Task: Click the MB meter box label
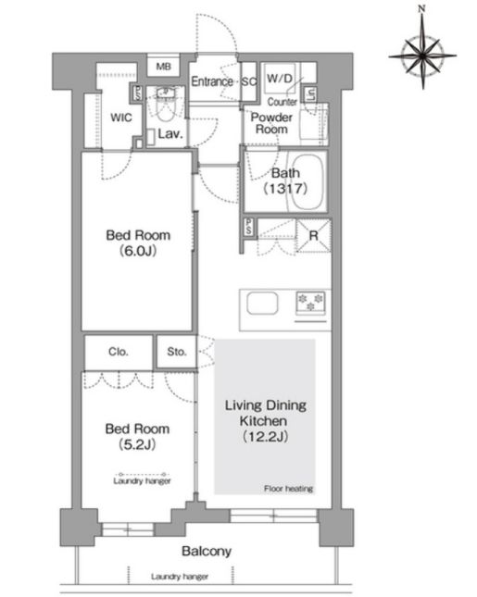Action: (163, 67)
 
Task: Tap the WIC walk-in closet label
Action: (121, 118)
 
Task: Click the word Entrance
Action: (212, 81)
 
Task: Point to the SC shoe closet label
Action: (249, 81)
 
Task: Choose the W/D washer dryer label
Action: (280, 79)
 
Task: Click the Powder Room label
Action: (271, 123)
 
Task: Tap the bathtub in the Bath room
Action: (305, 181)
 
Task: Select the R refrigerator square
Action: (314, 236)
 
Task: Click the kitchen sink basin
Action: (262, 304)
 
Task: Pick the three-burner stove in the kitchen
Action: (311, 304)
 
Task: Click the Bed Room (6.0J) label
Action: (138, 243)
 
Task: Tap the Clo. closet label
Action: (119, 352)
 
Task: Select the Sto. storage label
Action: (177, 352)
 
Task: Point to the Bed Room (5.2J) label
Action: (137, 436)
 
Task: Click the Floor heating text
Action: (288, 489)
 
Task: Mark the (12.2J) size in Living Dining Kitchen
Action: (265, 436)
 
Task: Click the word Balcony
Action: (207, 551)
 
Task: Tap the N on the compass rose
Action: (421, 8)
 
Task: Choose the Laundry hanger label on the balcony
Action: (180, 577)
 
